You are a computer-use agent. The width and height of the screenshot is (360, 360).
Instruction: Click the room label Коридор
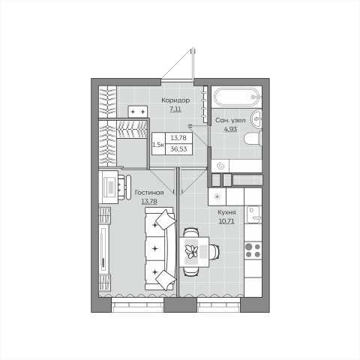(175, 100)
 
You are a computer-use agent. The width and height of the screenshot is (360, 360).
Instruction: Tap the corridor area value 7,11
(175, 109)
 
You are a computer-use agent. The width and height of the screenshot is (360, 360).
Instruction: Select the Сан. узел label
(230, 120)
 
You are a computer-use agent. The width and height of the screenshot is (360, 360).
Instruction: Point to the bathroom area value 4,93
(230, 129)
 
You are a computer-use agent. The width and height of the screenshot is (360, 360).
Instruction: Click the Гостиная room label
(149, 193)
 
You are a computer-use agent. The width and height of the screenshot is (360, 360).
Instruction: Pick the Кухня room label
(226, 212)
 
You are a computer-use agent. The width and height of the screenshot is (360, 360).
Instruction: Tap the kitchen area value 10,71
(226, 221)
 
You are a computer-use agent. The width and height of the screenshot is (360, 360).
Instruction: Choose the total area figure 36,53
(178, 149)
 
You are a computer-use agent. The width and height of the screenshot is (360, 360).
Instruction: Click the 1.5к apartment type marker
(158, 145)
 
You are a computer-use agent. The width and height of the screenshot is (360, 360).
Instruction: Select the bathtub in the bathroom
(236, 97)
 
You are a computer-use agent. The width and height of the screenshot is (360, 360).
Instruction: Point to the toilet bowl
(253, 139)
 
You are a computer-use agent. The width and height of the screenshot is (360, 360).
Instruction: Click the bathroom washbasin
(256, 118)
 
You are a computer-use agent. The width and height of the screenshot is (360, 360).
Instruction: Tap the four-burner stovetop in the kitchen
(253, 250)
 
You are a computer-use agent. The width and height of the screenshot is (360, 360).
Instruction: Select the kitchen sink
(253, 214)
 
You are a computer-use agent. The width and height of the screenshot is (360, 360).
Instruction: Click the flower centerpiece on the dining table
(192, 251)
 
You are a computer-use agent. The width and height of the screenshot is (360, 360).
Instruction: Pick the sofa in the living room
(160, 249)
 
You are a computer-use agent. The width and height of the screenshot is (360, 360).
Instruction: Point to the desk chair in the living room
(124, 187)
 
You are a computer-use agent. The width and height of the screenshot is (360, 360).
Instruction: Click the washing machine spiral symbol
(220, 166)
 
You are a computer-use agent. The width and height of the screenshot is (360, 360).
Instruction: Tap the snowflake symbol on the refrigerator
(217, 196)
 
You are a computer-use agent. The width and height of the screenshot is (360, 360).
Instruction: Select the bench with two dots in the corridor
(137, 112)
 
